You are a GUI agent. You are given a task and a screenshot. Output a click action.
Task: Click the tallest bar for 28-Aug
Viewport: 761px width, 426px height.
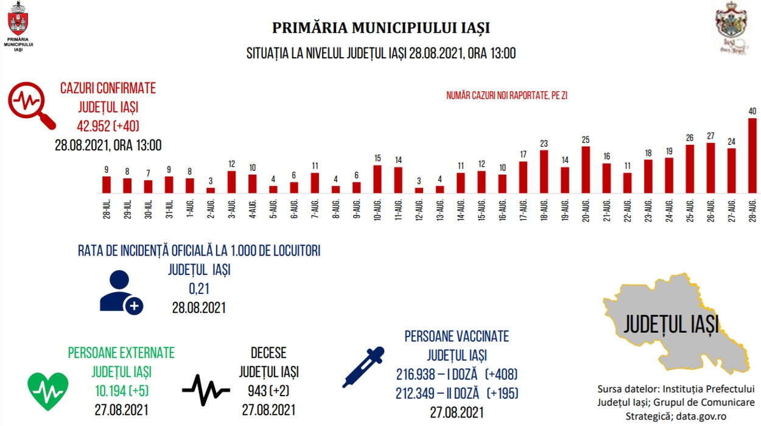(x=752, y=156)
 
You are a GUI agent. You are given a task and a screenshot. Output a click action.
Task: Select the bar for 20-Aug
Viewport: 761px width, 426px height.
(x=586, y=170)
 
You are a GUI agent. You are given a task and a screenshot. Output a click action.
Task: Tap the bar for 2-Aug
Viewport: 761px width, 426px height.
(x=211, y=190)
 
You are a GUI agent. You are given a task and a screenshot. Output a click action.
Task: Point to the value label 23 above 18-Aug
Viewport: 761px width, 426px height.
(x=544, y=144)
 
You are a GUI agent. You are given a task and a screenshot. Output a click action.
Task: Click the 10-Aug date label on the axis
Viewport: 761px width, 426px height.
(x=377, y=211)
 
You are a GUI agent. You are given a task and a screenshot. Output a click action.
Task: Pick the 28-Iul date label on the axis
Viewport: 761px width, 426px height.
(x=107, y=209)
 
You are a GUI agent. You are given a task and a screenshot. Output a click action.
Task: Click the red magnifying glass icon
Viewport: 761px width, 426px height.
(x=31, y=105)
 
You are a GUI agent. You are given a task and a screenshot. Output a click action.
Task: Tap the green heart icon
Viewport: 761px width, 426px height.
(x=48, y=391)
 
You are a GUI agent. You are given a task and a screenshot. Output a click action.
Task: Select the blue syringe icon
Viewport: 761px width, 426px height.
(x=363, y=367)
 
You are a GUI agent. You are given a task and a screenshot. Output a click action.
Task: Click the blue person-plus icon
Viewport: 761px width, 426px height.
(x=121, y=292)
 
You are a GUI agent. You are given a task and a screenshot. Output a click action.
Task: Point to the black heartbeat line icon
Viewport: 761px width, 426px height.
(x=206, y=390)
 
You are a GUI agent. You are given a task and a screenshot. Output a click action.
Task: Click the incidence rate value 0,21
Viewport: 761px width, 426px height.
(x=199, y=289)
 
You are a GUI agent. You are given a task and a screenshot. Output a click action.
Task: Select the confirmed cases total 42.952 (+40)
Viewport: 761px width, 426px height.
(x=108, y=127)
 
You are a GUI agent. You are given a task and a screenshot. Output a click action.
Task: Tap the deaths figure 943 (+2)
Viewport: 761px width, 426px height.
(x=268, y=391)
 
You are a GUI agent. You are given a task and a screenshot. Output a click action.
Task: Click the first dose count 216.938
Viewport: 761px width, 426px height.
(x=415, y=375)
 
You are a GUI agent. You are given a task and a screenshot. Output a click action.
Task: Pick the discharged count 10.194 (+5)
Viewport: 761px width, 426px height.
(x=122, y=391)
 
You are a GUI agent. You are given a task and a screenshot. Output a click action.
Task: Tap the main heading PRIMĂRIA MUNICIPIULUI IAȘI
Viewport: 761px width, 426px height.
(x=381, y=28)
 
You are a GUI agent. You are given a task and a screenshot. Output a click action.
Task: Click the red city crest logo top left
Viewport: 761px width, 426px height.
(x=18, y=19)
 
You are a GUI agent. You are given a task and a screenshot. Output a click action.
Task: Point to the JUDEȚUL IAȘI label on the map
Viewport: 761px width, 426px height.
(x=671, y=324)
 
